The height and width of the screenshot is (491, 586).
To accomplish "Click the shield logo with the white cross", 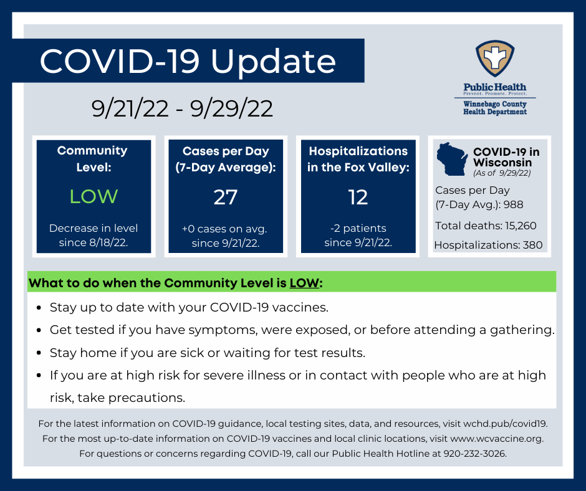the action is click(495, 59).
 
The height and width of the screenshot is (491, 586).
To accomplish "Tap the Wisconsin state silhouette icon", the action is click(452, 159).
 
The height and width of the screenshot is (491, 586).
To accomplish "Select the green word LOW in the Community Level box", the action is click(94, 196).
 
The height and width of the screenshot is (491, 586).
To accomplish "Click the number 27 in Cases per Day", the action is click(225, 197).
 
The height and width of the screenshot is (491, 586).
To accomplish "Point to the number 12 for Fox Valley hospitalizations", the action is click(358, 197).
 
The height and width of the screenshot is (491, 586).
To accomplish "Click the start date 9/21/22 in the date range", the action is click(130, 109).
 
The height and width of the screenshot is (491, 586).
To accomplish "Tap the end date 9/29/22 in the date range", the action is click(231, 109).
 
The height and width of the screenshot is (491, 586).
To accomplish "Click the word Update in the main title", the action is click(273, 62).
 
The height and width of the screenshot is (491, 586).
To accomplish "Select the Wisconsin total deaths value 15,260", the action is click(521, 226).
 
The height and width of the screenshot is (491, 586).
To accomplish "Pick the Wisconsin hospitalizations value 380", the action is click(532, 245).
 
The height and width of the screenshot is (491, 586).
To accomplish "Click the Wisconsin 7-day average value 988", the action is click(513, 204).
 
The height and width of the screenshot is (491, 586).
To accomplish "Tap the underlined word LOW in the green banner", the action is click(304, 283).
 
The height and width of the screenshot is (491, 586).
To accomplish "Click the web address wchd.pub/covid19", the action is click(506, 424).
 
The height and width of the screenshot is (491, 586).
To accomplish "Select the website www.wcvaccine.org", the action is click(497, 438).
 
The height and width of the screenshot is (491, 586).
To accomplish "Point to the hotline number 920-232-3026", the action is click(475, 454).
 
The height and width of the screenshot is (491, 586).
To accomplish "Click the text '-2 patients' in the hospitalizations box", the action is click(358, 228).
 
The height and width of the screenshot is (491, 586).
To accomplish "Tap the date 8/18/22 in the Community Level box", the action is click(108, 242).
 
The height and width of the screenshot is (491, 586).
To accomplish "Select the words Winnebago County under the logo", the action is click(495, 104).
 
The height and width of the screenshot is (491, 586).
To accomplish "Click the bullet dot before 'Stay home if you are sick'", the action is click(39, 353).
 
